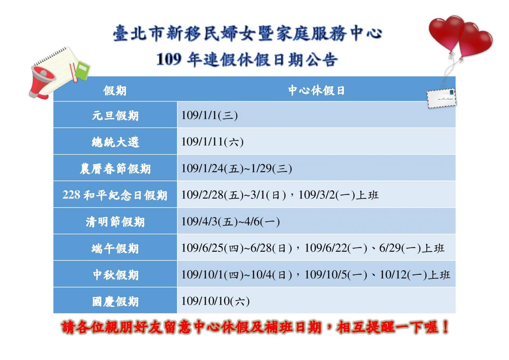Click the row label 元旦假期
(115, 115)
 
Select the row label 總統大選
(115, 142)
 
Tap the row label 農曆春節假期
(115, 169)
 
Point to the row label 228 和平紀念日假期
(115, 195)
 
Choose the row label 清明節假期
(115, 222)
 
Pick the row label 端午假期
(115, 248)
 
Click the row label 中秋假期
(115, 275)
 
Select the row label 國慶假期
(115, 301)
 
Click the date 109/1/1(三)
(210, 115)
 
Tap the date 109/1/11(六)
(213, 142)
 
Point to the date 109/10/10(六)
(215, 301)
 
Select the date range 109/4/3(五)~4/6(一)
(230, 222)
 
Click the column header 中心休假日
(316, 90)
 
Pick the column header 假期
(115, 91)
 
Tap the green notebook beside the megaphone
(82, 70)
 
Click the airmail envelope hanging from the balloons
(441, 98)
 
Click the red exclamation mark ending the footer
(445, 327)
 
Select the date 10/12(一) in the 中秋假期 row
(403, 275)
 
